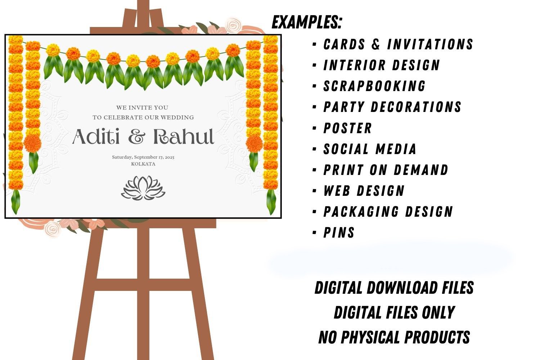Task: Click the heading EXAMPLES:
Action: [x=307, y=22]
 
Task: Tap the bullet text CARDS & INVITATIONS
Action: [x=398, y=44]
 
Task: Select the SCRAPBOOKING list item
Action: [x=374, y=86]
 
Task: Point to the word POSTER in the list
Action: [x=347, y=128]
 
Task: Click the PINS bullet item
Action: [x=339, y=233]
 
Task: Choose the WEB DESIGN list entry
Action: [x=364, y=191]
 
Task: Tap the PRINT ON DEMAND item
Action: [x=386, y=170]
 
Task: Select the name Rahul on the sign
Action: [x=184, y=136]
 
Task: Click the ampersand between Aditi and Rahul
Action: [x=137, y=137]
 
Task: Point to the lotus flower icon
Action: [x=143, y=188]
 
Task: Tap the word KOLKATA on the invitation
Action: [x=143, y=164]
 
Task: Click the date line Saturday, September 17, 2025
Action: [x=143, y=157]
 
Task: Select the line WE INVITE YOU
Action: [x=142, y=108]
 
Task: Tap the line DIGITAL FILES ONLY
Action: [x=395, y=312]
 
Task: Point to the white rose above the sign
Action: [x=234, y=25]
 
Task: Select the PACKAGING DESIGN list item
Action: [x=388, y=212]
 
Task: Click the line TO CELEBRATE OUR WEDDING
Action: [x=143, y=117]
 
